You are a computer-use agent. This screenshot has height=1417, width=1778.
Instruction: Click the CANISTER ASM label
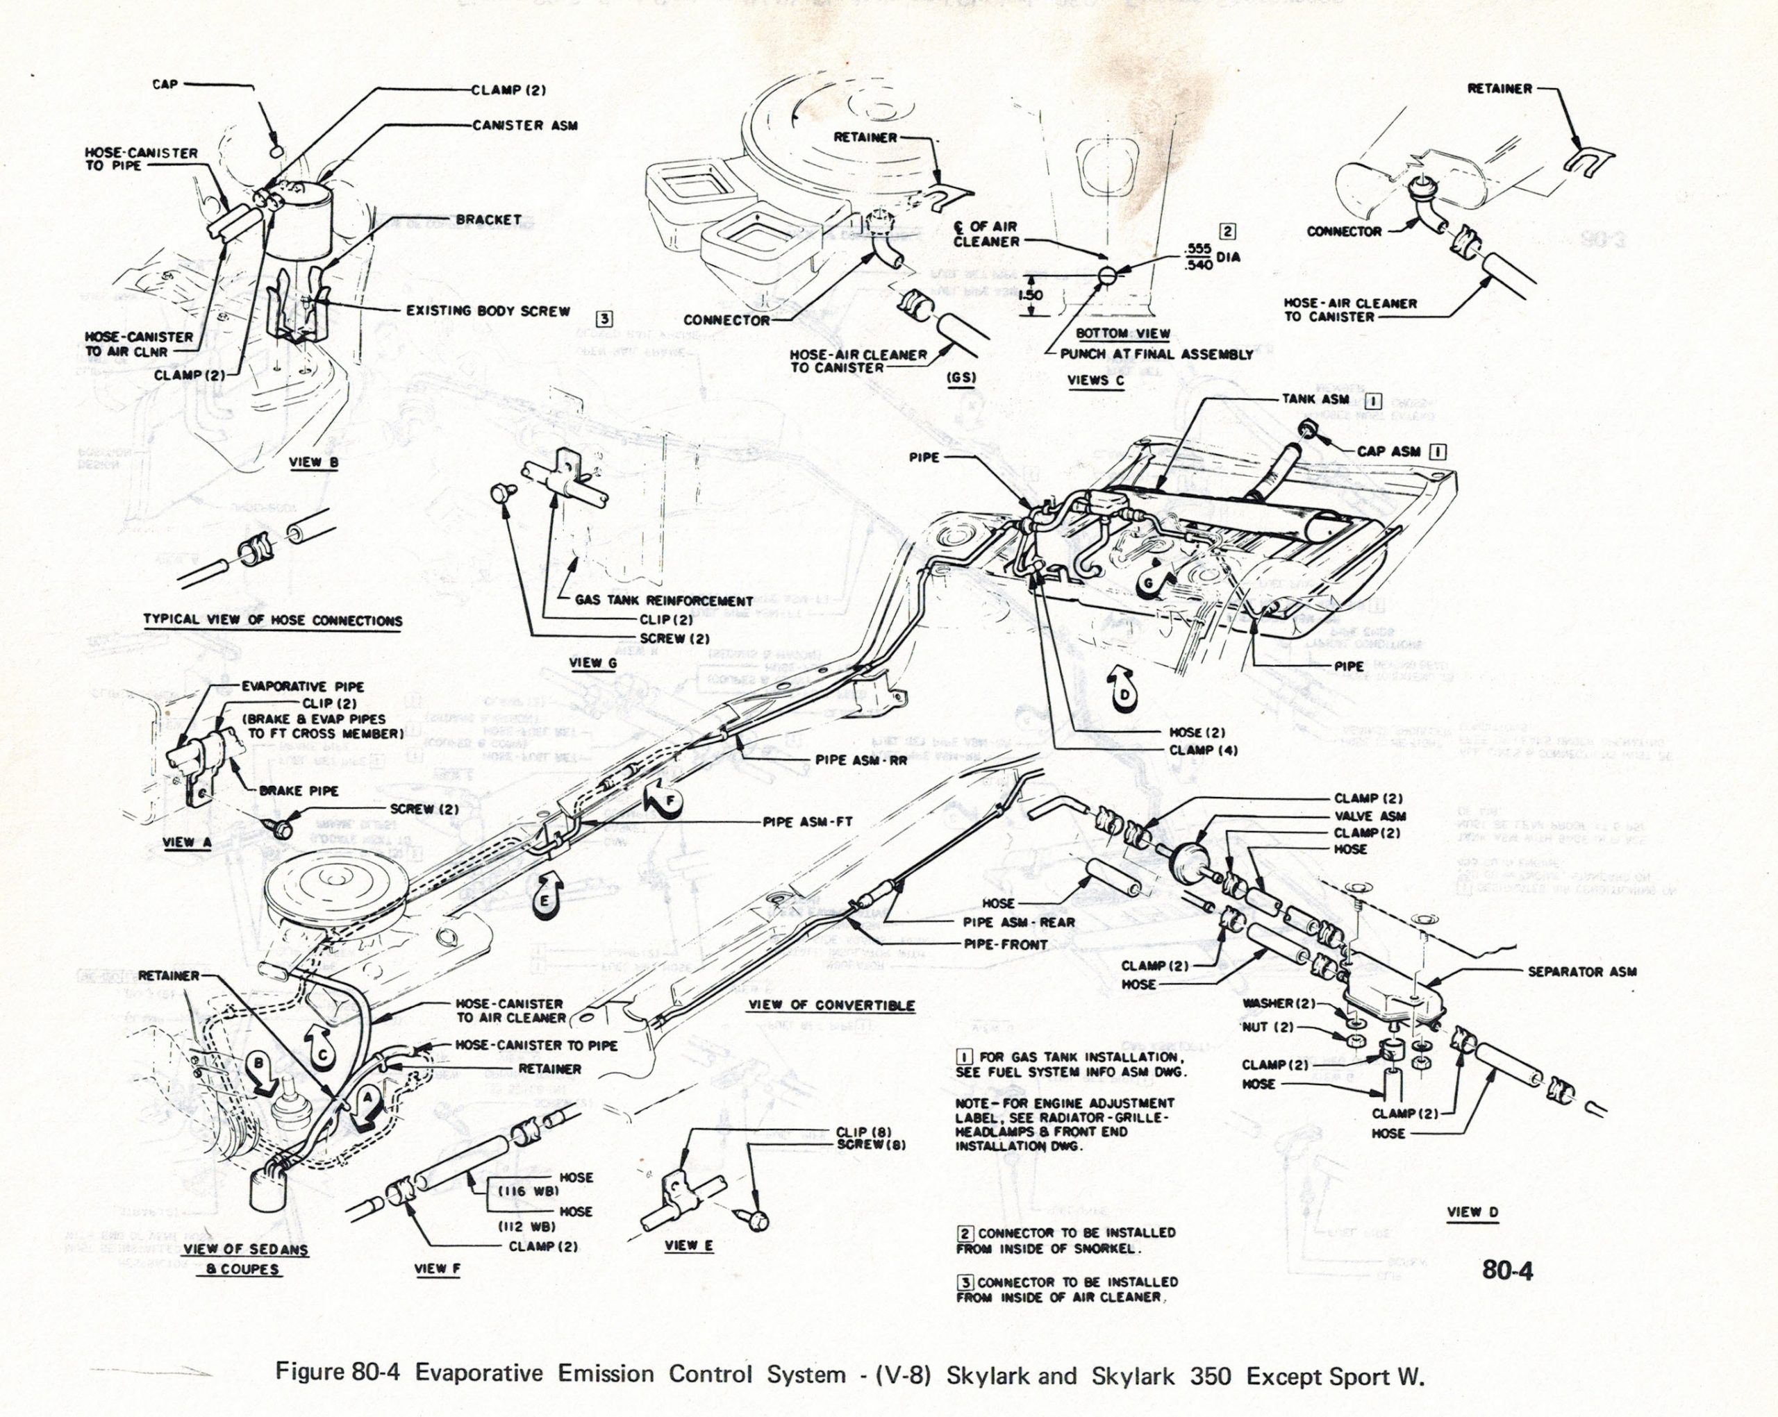tap(524, 125)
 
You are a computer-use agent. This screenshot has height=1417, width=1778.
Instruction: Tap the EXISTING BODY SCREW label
tap(488, 311)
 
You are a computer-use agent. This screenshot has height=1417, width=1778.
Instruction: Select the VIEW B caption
tap(313, 462)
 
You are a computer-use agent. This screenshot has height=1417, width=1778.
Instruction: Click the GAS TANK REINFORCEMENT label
tap(664, 601)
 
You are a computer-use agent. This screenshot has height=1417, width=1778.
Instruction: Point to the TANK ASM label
tap(1315, 399)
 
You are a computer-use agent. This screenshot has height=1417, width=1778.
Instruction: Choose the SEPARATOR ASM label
tap(1581, 972)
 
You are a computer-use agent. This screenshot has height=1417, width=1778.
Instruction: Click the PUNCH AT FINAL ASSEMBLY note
tap(1156, 355)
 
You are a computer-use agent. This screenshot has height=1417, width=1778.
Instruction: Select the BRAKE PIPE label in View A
tap(299, 791)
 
